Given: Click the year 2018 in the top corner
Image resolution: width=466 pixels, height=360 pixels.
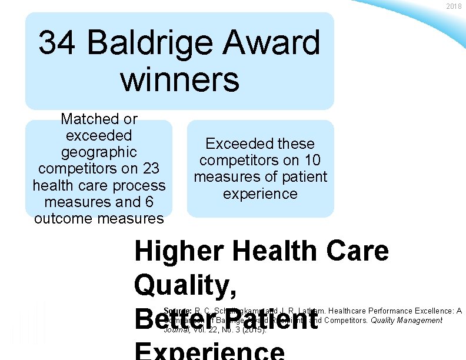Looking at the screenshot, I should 454,6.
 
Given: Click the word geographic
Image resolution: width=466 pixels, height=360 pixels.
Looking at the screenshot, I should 99,152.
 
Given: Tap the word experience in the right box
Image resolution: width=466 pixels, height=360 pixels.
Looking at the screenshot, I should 260,194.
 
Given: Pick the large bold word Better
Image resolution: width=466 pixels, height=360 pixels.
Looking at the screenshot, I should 176,321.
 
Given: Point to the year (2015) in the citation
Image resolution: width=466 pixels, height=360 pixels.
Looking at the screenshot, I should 255,330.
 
